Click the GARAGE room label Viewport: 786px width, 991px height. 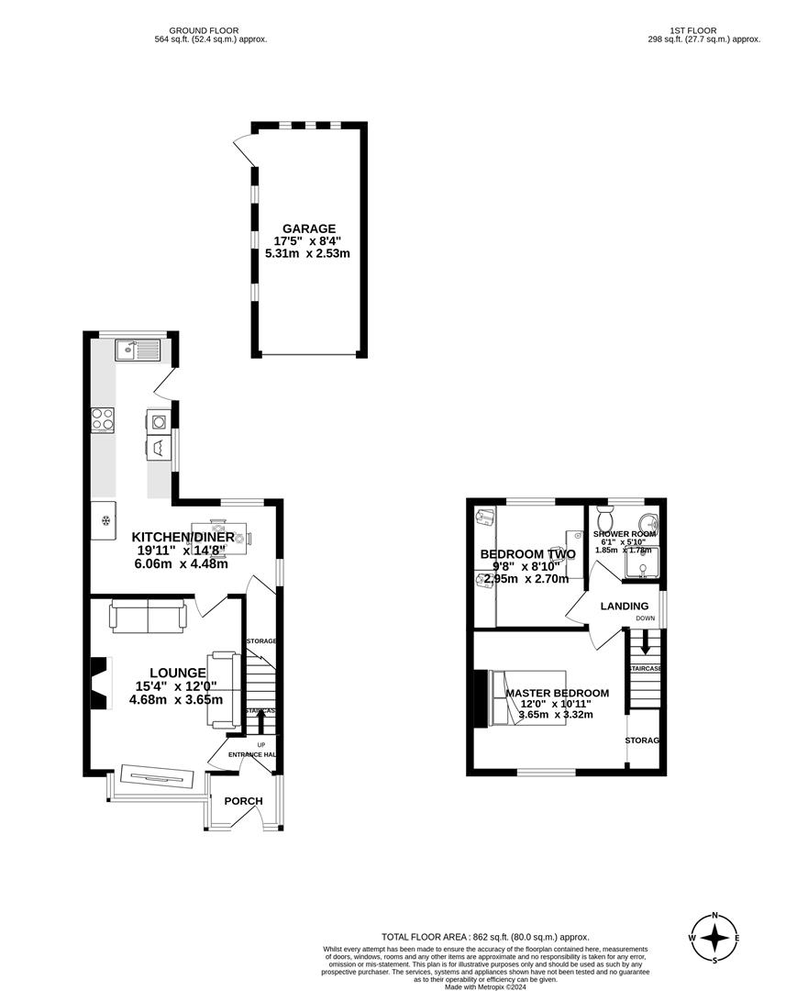pos(309,228)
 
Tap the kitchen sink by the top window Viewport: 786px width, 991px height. pos(138,350)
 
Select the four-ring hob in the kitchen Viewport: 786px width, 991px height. pos(103,420)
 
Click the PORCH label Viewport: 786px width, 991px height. pos(243,801)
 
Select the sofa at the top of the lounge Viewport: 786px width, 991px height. pos(147,616)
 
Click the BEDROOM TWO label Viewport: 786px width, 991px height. pos(527,554)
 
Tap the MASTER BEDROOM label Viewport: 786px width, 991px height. pos(557,693)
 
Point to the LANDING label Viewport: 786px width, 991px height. pos(625,606)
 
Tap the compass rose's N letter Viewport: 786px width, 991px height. pos(715,916)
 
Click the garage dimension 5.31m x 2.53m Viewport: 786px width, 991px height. pos(308,254)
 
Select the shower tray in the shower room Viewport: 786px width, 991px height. pos(643,566)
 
